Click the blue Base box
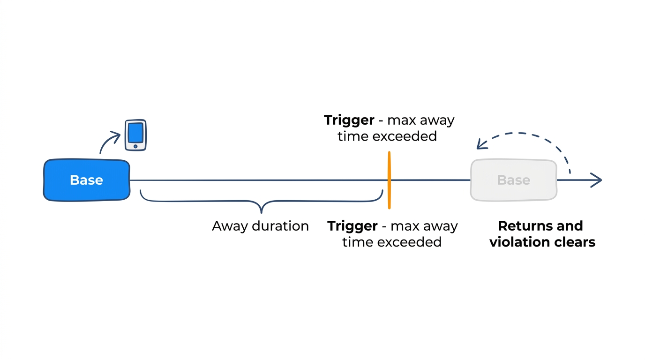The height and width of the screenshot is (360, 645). (x=87, y=180)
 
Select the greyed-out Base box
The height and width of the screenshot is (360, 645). (x=514, y=180)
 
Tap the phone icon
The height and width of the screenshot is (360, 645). (x=135, y=135)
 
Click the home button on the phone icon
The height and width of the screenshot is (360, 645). (x=135, y=147)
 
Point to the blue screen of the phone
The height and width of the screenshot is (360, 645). (x=135, y=132)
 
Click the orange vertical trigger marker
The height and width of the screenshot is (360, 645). (x=389, y=180)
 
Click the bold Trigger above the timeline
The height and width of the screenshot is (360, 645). (x=349, y=120)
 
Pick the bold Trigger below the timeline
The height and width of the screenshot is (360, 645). (x=352, y=226)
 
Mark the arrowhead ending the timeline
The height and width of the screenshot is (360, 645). (x=597, y=180)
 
